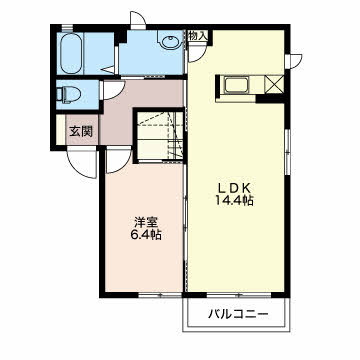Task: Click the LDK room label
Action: pyautogui.click(x=234, y=188)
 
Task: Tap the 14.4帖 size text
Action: pyautogui.click(x=234, y=201)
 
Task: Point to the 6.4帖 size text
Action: pyautogui.click(x=145, y=235)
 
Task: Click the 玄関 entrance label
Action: pyautogui.click(x=80, y=132)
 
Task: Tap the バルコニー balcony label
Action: pyautogui.click(x=238, y=314)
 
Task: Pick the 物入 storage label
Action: pyautogui.click(x=197, y=36)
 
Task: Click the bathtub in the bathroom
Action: pyautogui.click(x=72, y=53)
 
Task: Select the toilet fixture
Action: pyautogui.click(x=68, y=94)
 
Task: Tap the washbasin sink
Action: pyautogui.click(x=171, y=42)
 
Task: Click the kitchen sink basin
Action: pyautogui.click(x=236, y=85)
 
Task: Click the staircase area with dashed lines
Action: pyautogui.click(x=160, y=136)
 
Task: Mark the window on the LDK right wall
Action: pyautogui.click(x=288, y=152)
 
